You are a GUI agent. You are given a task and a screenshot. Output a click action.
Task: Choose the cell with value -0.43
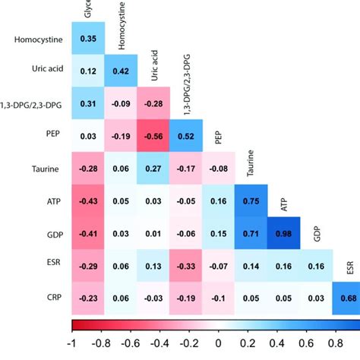pos(87,201)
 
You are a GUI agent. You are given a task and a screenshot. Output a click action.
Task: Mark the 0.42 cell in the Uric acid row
pos(120,71)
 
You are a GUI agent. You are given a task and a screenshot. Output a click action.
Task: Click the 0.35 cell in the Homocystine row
pos(87,38)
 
